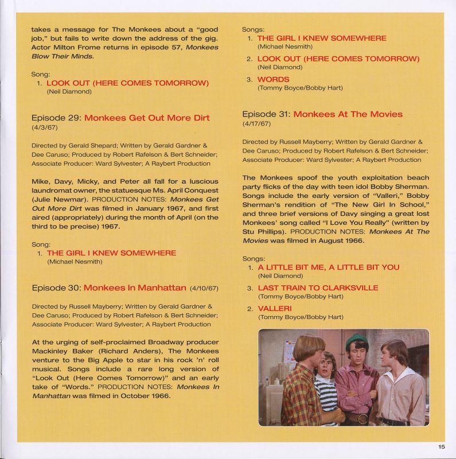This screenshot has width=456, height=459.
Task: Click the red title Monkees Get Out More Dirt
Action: point(147,118)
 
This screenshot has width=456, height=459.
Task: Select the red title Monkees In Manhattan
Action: point(135,287)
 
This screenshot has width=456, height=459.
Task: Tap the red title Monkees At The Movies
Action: point(348,114)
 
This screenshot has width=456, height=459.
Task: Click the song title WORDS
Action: point(273,79)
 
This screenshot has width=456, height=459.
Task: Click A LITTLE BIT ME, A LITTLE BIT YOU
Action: point(328,267)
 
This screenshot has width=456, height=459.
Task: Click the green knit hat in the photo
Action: point(357,339)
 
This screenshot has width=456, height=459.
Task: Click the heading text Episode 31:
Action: point(266,114)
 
